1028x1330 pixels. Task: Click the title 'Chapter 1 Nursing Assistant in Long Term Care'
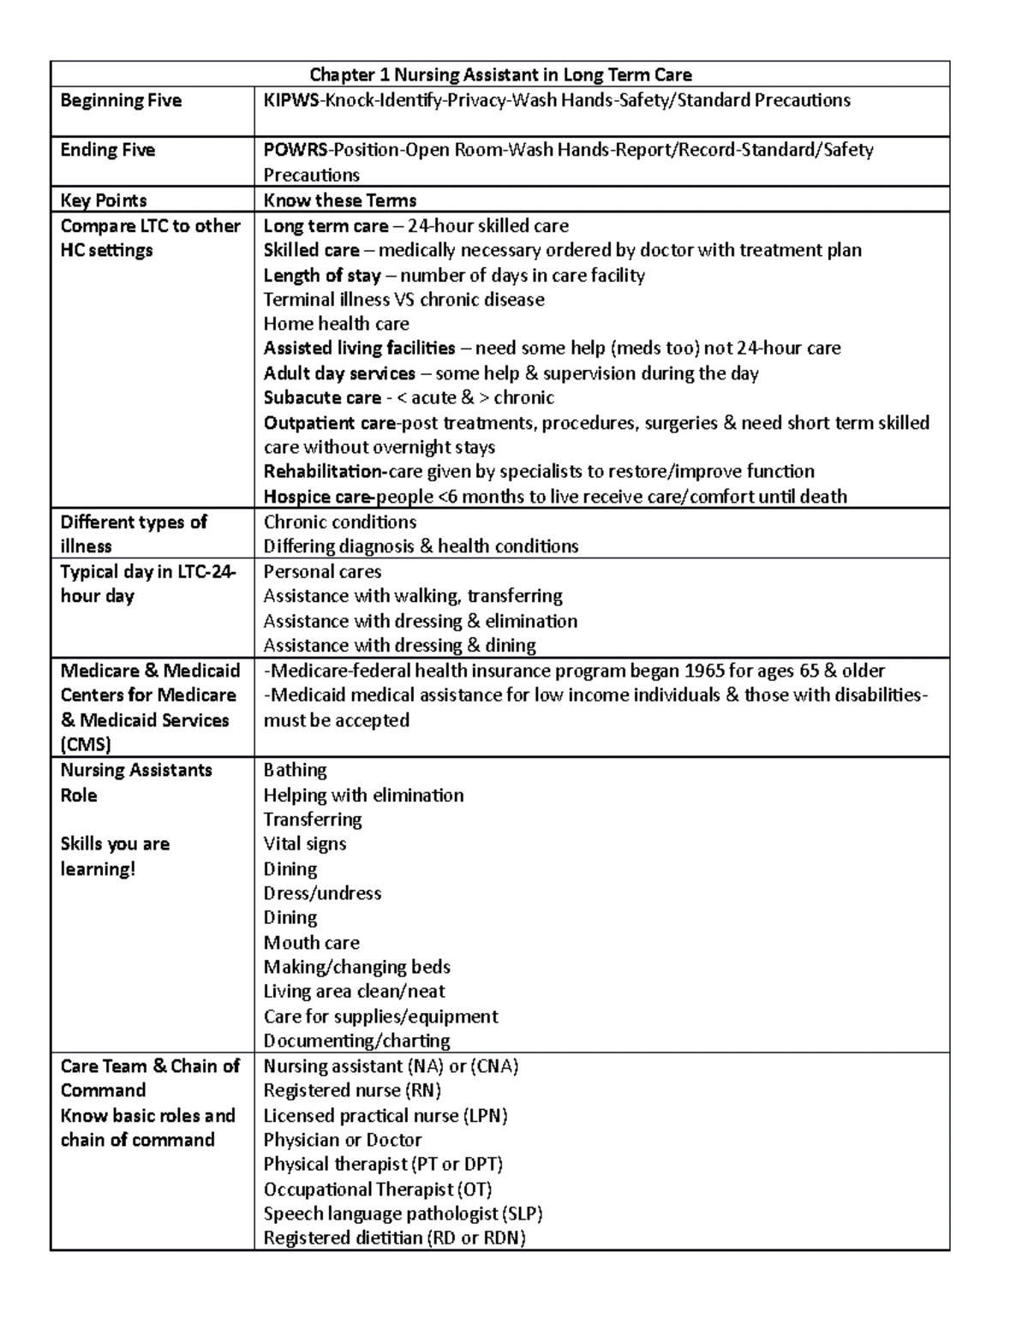(x=500, y=75)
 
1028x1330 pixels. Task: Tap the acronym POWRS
(x=295, y=151)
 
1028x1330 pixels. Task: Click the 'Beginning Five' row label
(x=121, y=101)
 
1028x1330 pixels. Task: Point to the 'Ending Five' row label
(x=107, y=151)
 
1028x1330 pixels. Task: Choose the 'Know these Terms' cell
(x=339, y=200)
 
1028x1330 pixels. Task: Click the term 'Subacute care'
(x=322, y=398)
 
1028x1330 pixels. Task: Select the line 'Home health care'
(x=336, y=324)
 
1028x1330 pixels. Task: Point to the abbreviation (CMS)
(x=86, y=744)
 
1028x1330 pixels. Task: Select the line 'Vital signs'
(x=304, y=844)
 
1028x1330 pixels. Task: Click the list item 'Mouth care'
(x=311, y=943)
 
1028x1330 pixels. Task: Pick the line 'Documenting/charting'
(x=356, y=1041)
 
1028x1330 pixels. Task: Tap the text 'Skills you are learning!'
(x=115, y=856)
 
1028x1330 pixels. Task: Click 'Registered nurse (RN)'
(x=352, y=1090)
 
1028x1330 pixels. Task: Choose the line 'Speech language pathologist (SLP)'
(x=403, y=1214)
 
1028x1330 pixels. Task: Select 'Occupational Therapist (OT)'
(x=377, y=1190)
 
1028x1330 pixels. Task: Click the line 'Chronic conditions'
(x=339, y=522)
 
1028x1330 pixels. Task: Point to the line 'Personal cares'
(x=322, y=572)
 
